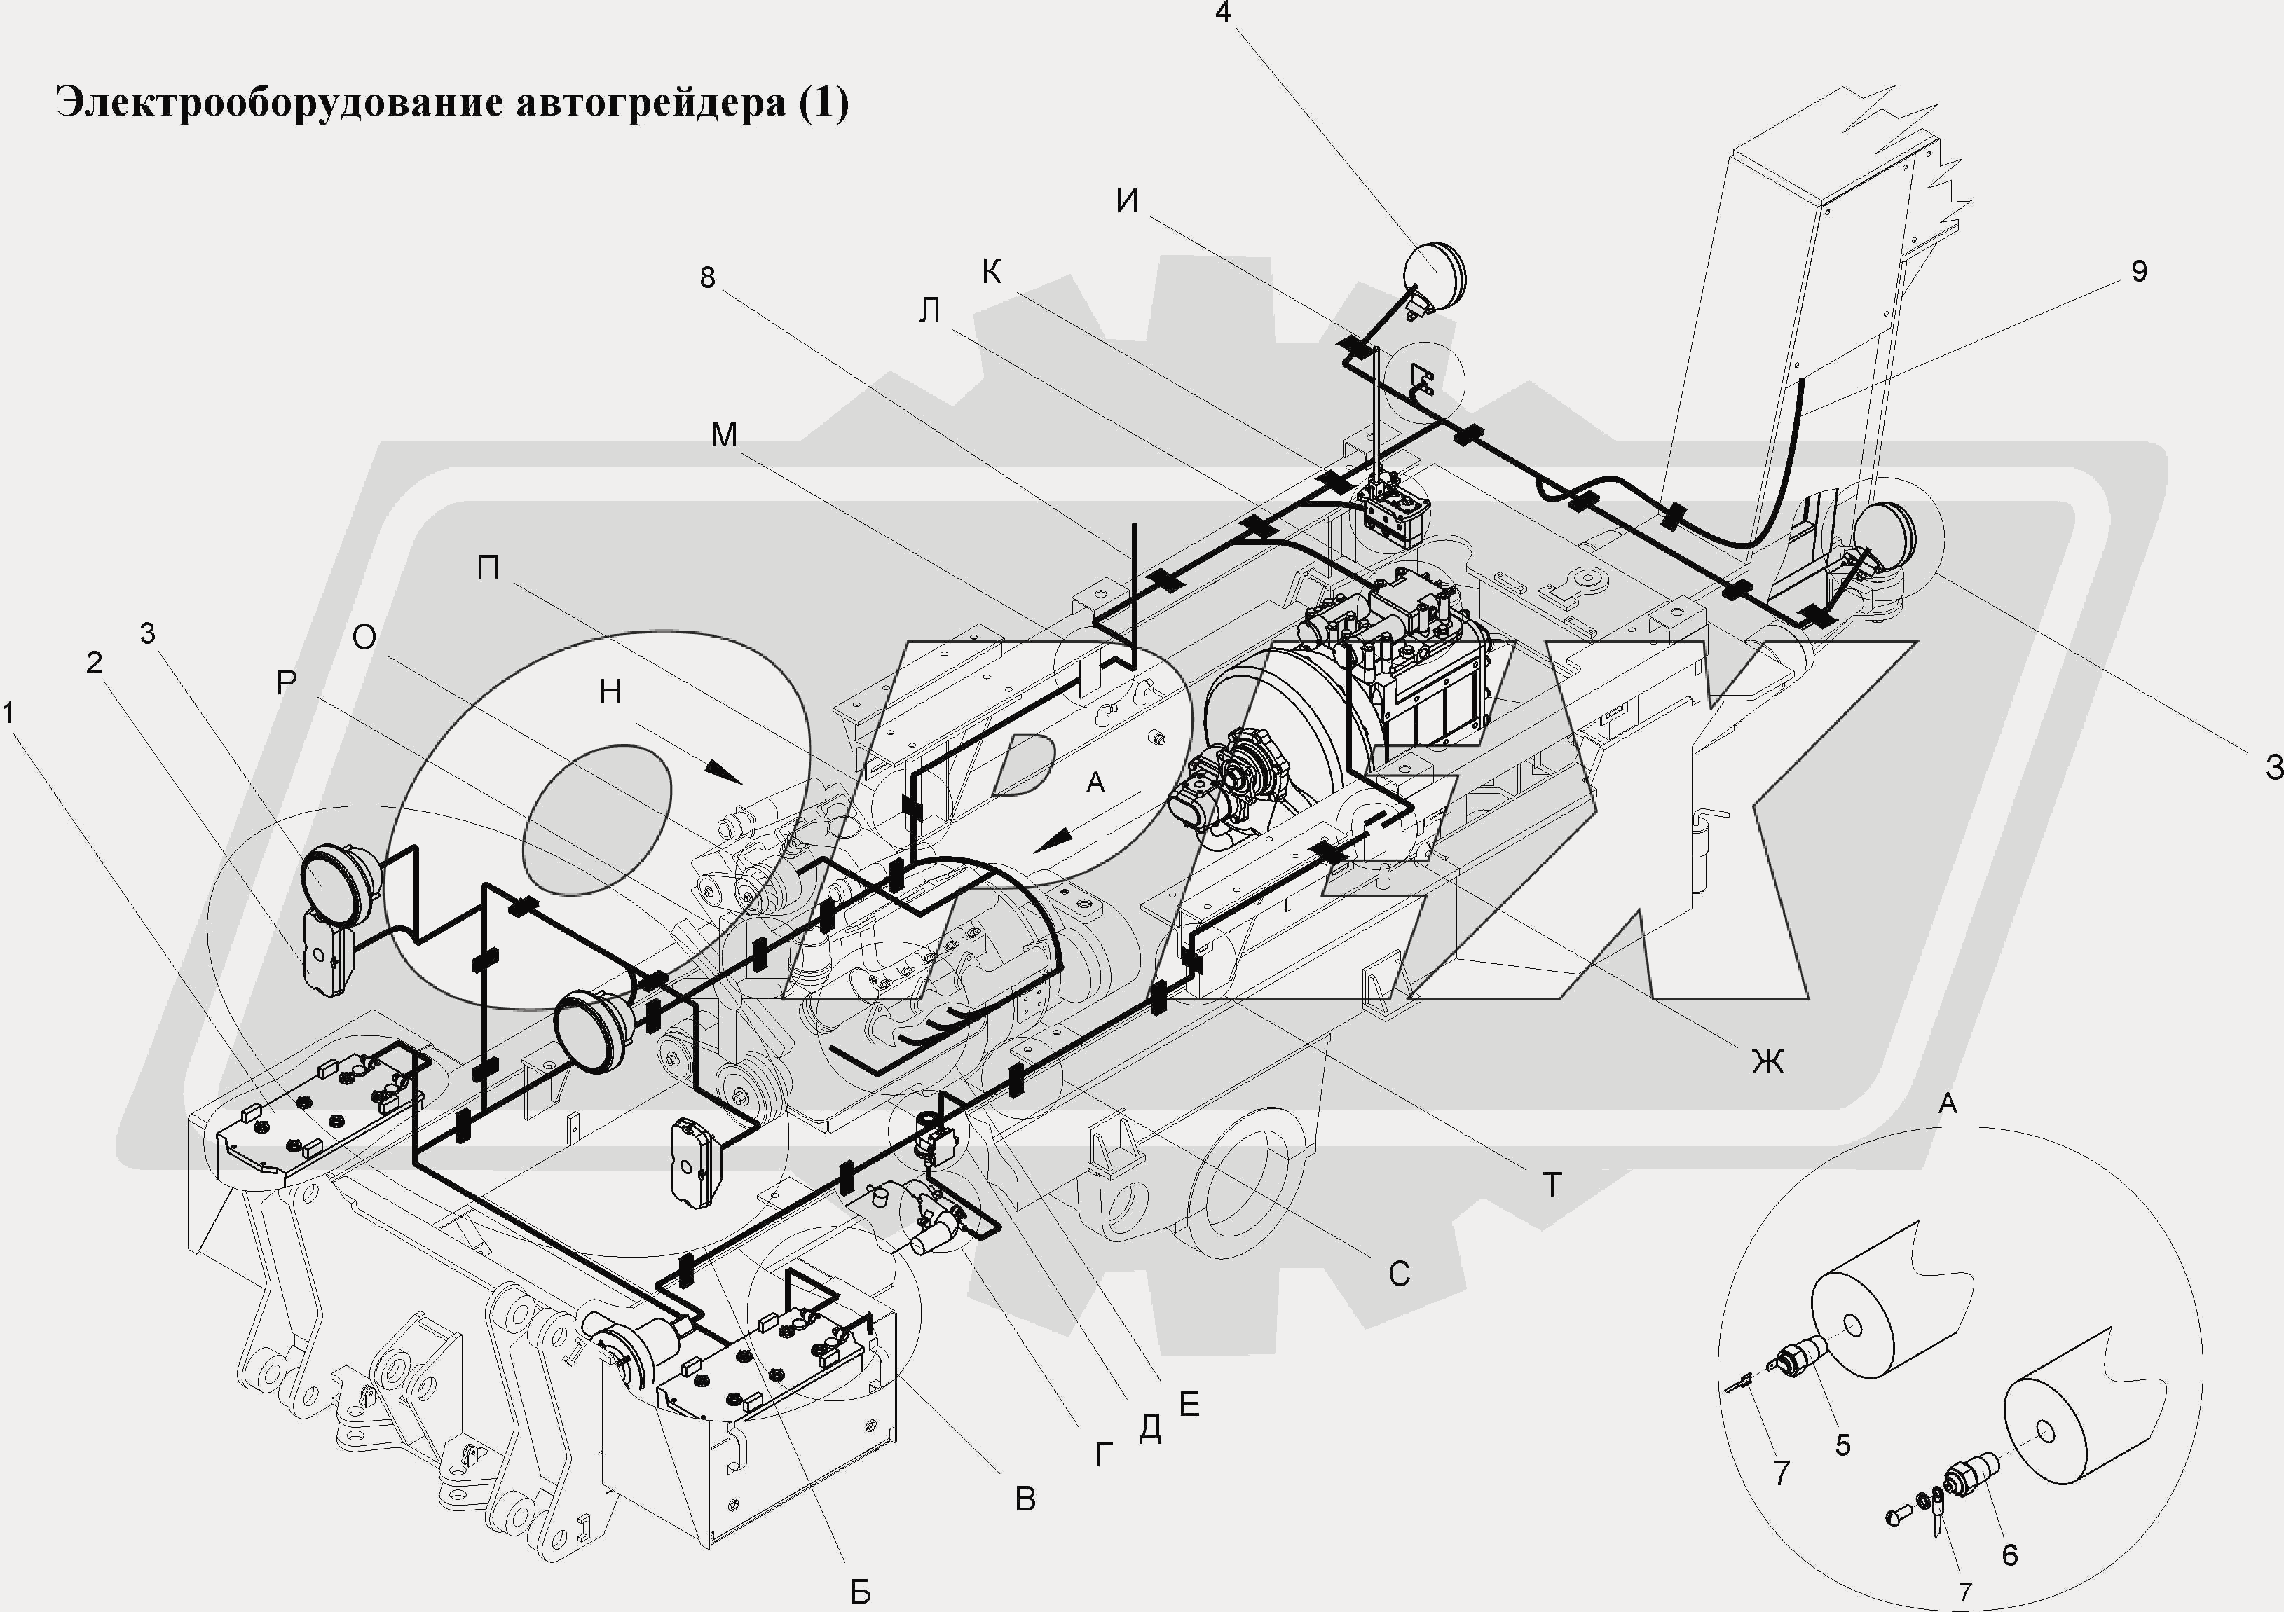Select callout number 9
click(x=2140, y=272)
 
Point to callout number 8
click(x=707, y=277)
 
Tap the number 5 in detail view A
click(x=1843, y=1445)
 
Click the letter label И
click(x=1127, y=202)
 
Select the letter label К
click(x=992, y=272)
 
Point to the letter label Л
click(x=929, y=311)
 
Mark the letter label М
click(x=724, y=434)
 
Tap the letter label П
click(x=488, y=568)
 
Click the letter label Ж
click(x=1767, y=1062)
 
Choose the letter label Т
click(x=1552, y=1185)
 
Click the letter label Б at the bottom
click(x=861, y=1592)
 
